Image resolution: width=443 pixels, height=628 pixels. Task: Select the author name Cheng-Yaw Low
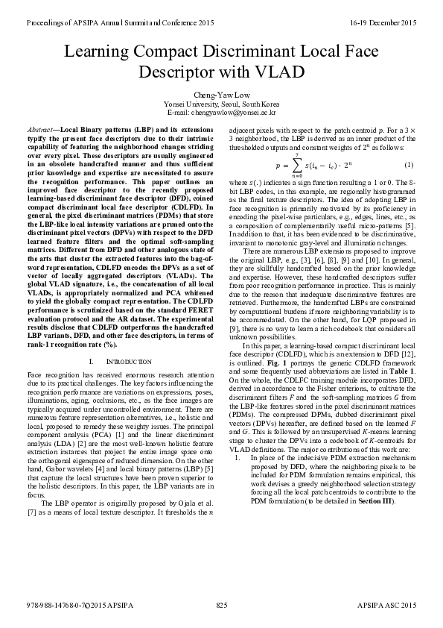222,95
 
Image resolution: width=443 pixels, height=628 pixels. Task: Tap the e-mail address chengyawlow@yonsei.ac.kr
234,112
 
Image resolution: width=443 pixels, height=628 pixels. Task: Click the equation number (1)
408,164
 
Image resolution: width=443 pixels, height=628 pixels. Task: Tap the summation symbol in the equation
296,165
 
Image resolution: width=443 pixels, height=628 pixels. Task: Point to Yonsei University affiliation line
222,104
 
